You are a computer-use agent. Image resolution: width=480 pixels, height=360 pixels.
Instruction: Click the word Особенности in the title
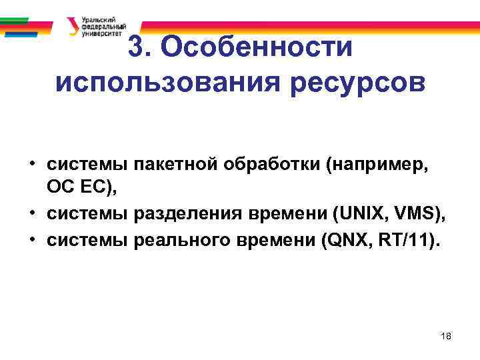[256, 48]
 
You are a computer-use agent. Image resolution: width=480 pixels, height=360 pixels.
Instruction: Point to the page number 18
[446, 337]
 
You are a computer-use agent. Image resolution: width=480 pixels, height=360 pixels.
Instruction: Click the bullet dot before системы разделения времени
[32, 212]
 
